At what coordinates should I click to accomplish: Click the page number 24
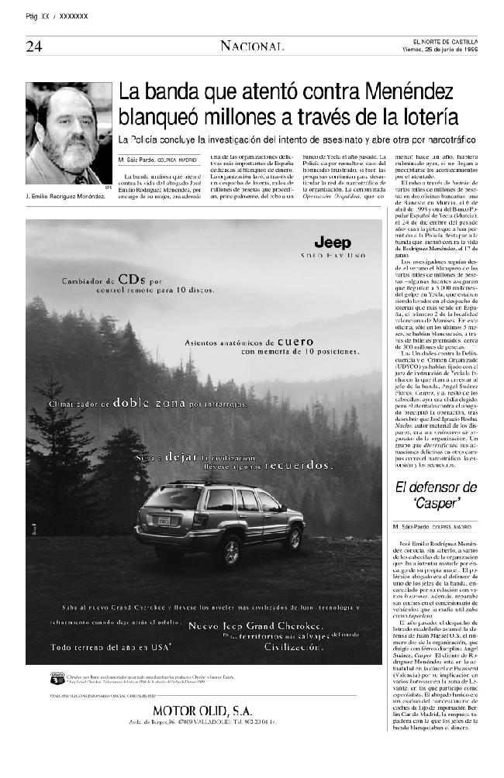[x=34, y=46]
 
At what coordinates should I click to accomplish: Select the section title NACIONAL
[x=251, y=46]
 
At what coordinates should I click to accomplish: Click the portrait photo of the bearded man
[x=69, y=133]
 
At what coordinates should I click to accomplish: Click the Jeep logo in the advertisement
[x=332, y=243]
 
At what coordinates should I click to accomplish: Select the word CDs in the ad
[x=128, y=279]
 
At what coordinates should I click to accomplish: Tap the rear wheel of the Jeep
[x=229, y=549]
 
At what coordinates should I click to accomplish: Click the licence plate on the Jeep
[x=164, y=522]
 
